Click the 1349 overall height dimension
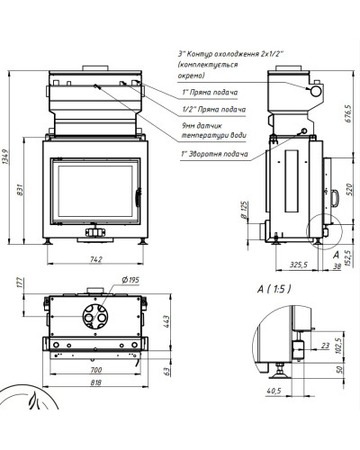tap(7, 157)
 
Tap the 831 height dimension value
tap(20, 190)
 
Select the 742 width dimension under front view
tap(95, 259)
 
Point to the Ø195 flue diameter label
tap(130, 280)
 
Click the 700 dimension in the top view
tap(96, 370)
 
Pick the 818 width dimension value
tap(96, 382)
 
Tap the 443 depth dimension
tap(166, 321)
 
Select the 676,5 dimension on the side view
tap(348, 113)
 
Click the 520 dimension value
tap(349, 189)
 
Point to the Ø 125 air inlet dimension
tap(244, 210)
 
